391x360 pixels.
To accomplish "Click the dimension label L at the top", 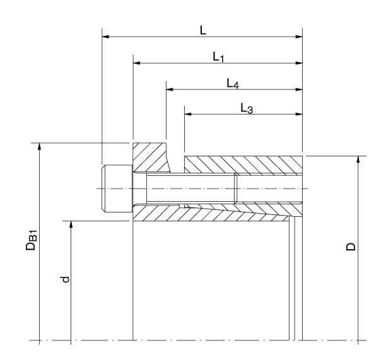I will pyautogui.click(x=203, y=30).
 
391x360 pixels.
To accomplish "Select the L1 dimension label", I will pyautogui.click(x=218, y=57).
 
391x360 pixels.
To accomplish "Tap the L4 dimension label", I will pyautogui.click(x=233, y=83).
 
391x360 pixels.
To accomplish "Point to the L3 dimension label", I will pyautogui.click(x=247, y=108).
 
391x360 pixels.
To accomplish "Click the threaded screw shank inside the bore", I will pyautogui.click(x=189, y=189).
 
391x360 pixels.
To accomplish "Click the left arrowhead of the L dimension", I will pyautogui.click(x=106, y=37).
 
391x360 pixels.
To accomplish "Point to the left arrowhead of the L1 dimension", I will pyautogui.click(x=137, y=63).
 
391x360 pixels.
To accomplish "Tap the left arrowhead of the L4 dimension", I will pyautogui.click(x=170, y=89).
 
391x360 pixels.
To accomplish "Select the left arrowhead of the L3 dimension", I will pyautogui.click(x=188, y=115).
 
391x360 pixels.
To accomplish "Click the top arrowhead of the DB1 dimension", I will pyautogui.click(x=40, y=147).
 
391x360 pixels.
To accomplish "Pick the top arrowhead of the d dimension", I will pyautogui.click(x=71, y=224).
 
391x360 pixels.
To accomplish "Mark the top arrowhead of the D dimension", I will pyautogui.click(x=358, y=159).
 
